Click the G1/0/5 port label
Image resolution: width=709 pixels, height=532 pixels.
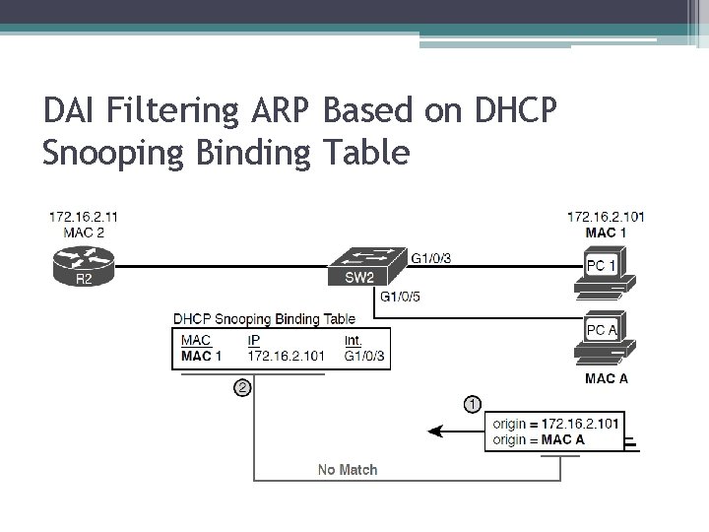399,296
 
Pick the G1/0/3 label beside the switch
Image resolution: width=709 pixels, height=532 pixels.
431,258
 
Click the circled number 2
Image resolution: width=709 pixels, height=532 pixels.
242,387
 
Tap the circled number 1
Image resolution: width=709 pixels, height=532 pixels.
473,404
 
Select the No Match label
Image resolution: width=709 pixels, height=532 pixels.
347,469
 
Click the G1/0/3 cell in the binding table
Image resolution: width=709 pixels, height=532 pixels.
364,355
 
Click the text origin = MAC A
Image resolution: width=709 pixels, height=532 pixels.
539,439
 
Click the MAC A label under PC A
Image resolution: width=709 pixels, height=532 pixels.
607,378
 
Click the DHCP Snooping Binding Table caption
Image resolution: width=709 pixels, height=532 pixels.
264,318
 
